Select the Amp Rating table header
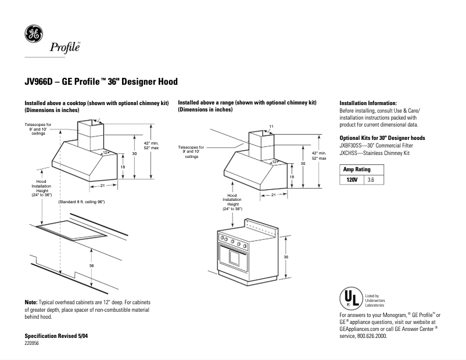tap(357, 169)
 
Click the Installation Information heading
tap(368, 102)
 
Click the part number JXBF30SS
tap(353, 146)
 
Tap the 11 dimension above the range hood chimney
tap(271, 127)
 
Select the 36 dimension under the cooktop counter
tap(91, 265)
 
